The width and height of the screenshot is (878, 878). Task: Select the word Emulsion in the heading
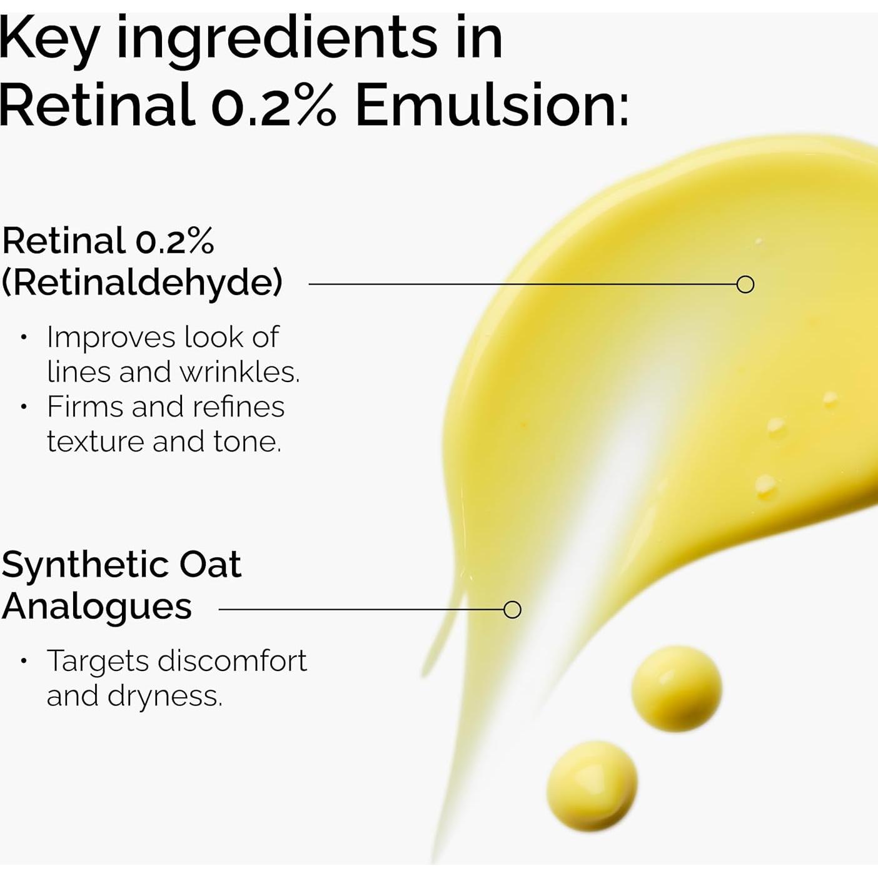(x=492, y=104)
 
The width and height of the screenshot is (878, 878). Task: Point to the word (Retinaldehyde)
(x=142, y=283)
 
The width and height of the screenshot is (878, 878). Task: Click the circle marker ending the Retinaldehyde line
(x=745, y=285)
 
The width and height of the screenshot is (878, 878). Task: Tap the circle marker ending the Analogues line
(x=512, y=610)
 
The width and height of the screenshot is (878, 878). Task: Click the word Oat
(x=210, y=565)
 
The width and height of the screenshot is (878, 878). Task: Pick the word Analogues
(x=97, y=607)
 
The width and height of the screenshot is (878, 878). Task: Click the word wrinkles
(x=240, y=372)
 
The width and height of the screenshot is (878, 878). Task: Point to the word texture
(x=94, y=442)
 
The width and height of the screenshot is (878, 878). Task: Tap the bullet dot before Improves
(x=24, y=338)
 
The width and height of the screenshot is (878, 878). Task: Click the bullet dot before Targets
(x=24, y=661)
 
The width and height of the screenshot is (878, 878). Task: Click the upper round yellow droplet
(x=676, y=689)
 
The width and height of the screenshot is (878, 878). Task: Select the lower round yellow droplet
(x=592, y=785)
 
